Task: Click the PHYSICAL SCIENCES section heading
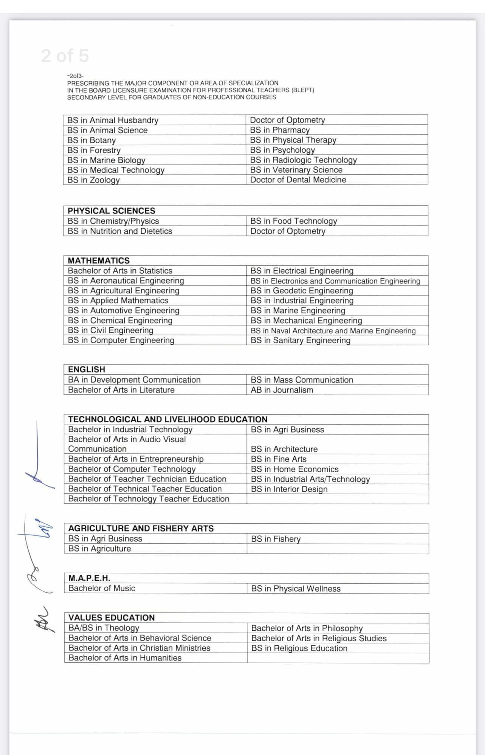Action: [111, 211]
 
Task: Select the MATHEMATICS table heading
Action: [99, 260]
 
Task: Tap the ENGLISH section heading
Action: [87, 369]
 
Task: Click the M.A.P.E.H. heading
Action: [89, 578]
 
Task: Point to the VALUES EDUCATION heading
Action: [112, 617]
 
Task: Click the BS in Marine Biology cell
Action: [106, 160]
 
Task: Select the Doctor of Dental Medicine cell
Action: [298, 180]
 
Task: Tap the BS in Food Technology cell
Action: [293, 221]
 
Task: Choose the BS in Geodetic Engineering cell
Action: [302, 290]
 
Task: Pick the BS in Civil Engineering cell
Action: [110, 330]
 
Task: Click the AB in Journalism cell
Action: [282, 390]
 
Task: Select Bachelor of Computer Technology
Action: [132, 469]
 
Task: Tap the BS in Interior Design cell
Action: [289, 489]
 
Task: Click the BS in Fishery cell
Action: [276, 539]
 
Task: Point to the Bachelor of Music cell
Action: [102, 588]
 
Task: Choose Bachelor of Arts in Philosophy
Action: [307, 628]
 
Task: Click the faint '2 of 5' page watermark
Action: [65, 56]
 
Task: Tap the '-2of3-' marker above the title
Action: [75, 76]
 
